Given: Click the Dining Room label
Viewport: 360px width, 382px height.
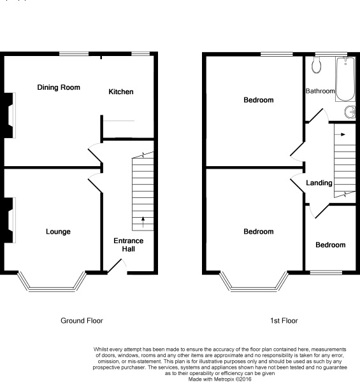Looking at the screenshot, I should [59, 87].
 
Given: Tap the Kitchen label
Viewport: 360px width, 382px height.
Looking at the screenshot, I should [120, 92].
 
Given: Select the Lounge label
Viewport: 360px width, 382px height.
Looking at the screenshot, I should [58, 232].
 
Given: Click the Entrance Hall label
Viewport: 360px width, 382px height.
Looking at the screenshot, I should [128, 244].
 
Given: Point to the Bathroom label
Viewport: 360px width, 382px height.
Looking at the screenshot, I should [319, 91].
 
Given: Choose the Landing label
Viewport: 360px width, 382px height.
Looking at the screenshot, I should [319, 183].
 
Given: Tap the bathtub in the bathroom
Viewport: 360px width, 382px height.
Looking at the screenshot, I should [345, 78].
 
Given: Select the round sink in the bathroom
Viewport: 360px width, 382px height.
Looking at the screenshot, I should [350, 113].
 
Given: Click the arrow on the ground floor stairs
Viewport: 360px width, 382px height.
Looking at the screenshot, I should [142, 221].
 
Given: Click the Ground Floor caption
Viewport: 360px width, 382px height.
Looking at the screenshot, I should [82, 321].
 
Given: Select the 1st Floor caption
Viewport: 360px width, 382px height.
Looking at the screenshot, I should [284, 321].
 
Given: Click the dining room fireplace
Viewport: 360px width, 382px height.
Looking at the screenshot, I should [10, 115].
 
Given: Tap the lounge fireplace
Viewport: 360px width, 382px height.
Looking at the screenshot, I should [10, 220].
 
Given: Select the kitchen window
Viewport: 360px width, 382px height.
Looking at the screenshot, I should [140, 54].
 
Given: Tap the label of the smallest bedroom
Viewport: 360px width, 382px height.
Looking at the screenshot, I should [331, 245].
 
